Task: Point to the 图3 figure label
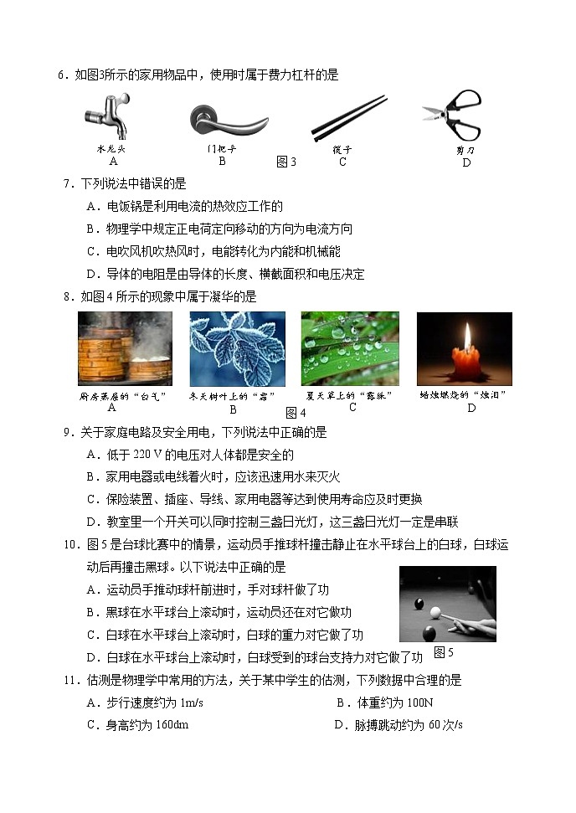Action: click(x=286, y=162)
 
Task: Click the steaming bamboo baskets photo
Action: click(x=125, y=348)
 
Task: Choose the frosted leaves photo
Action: click(x=237, y=348)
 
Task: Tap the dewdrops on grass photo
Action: click(x=350, y=348)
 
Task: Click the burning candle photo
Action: click(x=464, y=348)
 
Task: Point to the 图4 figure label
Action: click(x=296, y=412)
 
